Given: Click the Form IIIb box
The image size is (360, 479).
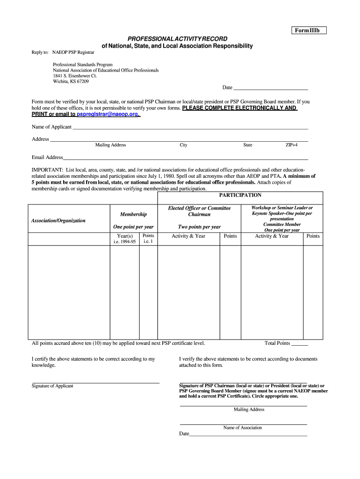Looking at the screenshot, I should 307,30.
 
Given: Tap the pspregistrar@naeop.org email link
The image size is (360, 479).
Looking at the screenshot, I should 108,114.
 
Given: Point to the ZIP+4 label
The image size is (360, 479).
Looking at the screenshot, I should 291,145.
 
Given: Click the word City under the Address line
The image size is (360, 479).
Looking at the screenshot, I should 183,145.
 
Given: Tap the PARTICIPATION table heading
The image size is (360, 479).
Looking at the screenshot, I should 240,195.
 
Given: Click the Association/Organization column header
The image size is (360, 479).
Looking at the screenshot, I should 58,220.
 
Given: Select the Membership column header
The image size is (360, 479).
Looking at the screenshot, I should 133,214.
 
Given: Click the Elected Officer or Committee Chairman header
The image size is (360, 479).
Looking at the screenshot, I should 199,211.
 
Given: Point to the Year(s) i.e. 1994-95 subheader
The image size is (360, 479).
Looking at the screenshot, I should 125,239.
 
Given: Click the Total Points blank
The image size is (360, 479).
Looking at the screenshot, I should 300,344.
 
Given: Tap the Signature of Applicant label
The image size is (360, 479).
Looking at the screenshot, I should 52,386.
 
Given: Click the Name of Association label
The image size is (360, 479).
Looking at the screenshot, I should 243,428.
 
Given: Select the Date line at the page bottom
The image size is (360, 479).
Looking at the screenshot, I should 248,434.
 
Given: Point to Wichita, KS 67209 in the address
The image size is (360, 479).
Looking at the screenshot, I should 71,81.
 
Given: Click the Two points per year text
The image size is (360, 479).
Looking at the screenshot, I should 199,227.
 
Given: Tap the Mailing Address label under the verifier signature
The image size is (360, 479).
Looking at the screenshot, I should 249,409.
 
